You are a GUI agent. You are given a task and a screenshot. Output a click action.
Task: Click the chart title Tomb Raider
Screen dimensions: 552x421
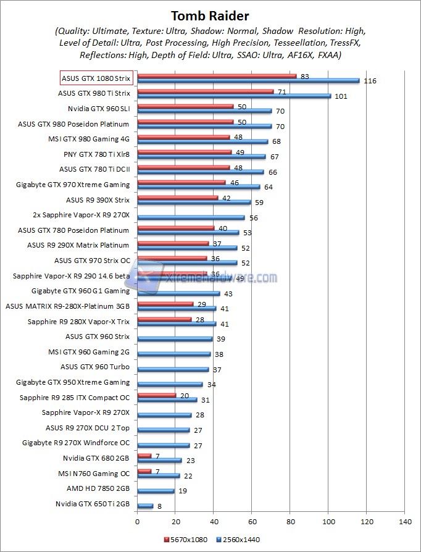[x=210, y=15]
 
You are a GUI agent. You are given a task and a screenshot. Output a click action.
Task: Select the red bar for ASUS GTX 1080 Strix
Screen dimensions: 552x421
[x=217, y=77]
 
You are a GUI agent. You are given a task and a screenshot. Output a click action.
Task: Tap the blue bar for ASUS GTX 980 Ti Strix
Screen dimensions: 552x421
[x=234, y=96]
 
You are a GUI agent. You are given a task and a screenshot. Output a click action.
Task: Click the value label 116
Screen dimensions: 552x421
[x=370, y=82]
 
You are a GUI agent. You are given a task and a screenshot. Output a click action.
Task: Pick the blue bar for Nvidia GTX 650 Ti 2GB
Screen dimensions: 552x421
[x=145, y=506]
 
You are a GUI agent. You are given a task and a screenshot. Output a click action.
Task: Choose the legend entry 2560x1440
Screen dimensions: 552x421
[x=238, y=539]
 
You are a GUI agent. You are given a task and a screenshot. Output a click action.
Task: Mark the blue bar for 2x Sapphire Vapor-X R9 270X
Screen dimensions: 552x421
[x=191, y=218]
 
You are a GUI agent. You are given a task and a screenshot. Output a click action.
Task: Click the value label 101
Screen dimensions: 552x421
[x=341, y=96]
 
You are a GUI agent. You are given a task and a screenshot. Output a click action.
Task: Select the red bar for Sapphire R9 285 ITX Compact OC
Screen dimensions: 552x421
[x=156, y=395]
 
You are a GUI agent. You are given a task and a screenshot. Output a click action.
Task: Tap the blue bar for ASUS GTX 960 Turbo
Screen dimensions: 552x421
[x=173, y=370]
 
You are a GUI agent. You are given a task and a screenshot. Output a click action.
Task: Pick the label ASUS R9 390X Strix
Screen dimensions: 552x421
[x=98, y=200]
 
